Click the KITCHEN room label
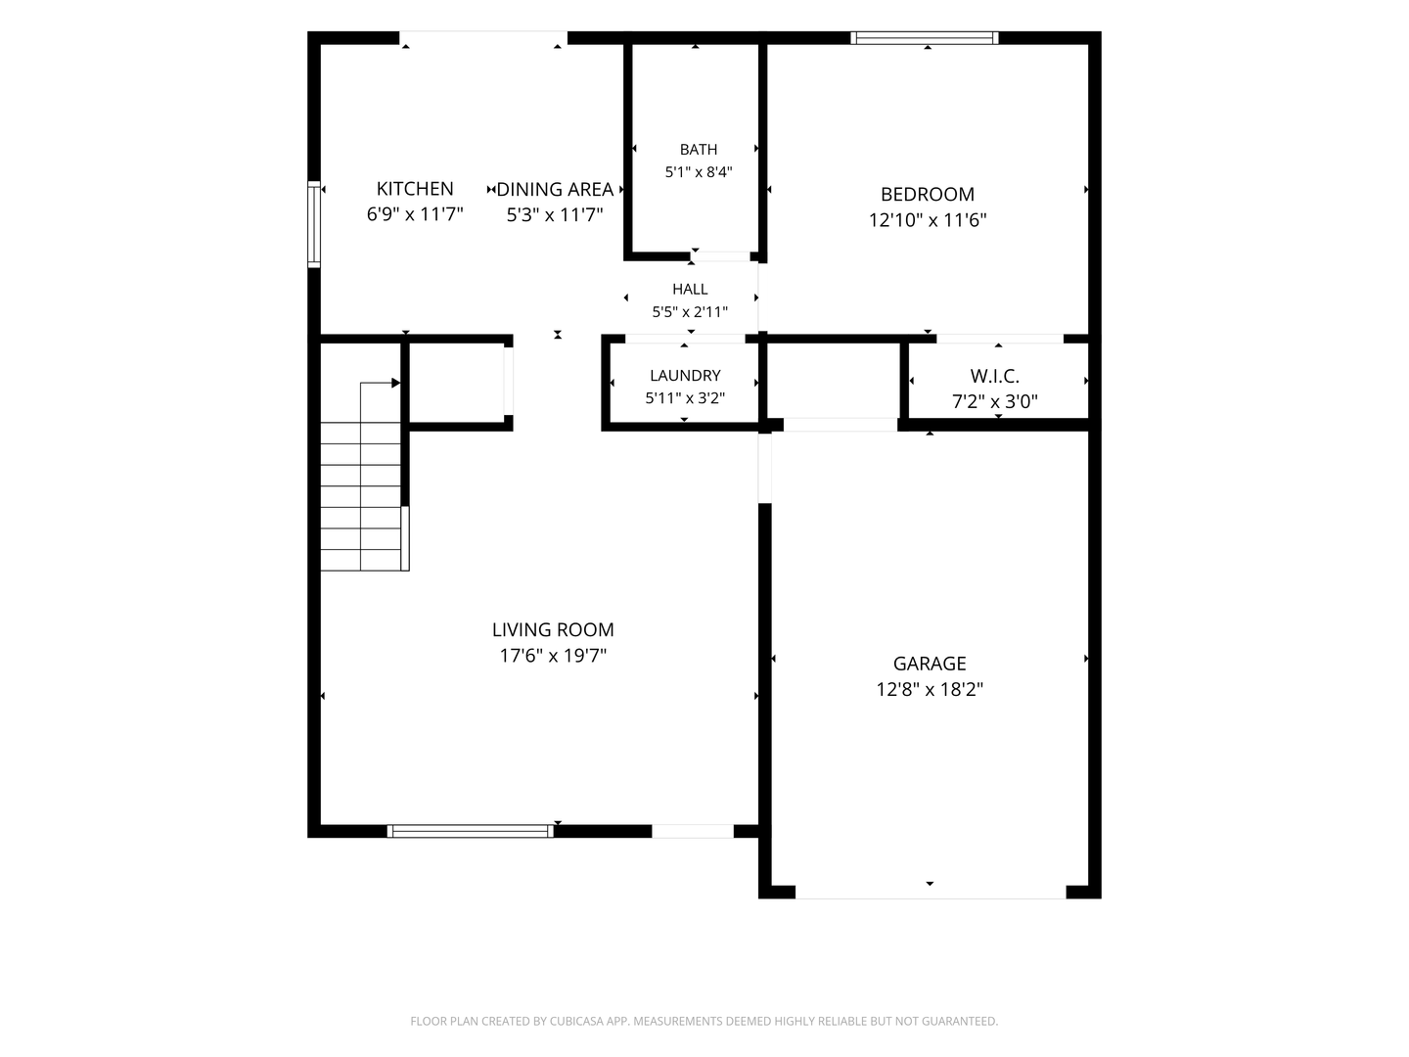415,189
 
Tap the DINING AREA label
555,189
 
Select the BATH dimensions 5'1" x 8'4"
699,172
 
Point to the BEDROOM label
927,194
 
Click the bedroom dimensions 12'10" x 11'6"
927,220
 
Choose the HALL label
690,289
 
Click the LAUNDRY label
685,376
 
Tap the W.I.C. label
994,376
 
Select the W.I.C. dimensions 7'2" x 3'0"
994,401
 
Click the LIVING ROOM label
553,629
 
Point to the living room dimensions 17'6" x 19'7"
553,656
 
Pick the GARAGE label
929,663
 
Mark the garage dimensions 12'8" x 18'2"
929,689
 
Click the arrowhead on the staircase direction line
396,383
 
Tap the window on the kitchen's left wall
314,224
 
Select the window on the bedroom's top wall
925,38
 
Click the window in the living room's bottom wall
471,831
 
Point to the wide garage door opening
931,892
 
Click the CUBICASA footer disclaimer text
704,1021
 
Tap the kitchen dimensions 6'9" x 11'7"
415,214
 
